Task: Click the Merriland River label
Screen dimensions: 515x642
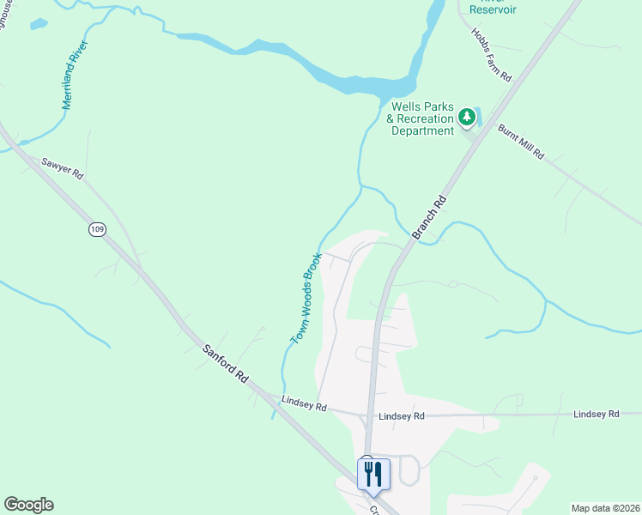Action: (x=76, y=76)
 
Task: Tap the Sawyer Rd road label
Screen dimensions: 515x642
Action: (x=64, y=167)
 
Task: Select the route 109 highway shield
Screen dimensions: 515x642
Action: (x=97, y=229)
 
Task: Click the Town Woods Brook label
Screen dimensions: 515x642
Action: (x=306, y=298)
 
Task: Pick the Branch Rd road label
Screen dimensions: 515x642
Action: (x=429, y=217)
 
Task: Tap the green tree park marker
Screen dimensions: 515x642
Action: (x=466, y=116)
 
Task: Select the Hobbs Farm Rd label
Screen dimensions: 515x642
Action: (x=491, y=55)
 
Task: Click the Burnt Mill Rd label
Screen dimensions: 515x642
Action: (x=520, y=142)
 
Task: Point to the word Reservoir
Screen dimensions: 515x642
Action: (x=492, y=9)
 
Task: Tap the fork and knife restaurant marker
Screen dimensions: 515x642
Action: (x=373, y=474)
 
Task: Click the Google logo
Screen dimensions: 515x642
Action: (x=28, y=505)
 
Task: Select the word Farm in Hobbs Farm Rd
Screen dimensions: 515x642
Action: (x=492, y=56)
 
